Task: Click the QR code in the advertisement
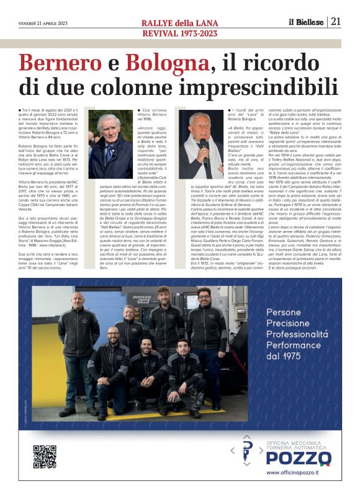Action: (45, 457)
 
